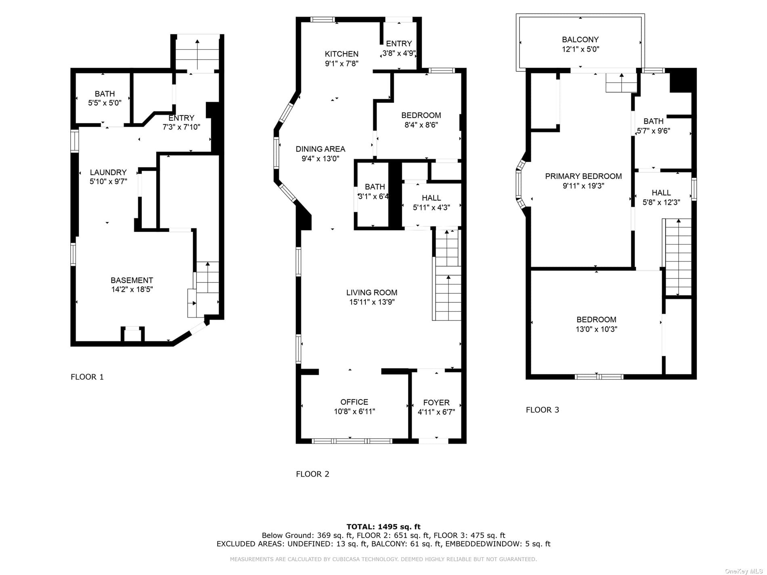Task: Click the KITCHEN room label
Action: click(342, 54)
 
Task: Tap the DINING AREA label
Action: click(321, 149)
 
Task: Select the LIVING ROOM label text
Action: click(372, 293)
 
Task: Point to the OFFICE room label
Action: click(354, 402)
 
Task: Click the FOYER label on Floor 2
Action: click(436, 402)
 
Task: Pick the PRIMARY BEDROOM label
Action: click(583, 176)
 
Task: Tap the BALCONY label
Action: click(580, 40)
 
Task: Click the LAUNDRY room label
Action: click(108, 172)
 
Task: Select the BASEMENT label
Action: click(132, 280)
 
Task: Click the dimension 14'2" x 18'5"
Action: click(132, 289)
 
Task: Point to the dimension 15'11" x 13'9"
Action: click(372, 302)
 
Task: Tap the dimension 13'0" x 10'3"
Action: click(596, 329)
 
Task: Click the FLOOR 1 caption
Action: click(87, 377)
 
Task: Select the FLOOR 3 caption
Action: click(543, 410)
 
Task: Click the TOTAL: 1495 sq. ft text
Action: click(383, 527)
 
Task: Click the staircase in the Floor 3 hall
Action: click(678, 257)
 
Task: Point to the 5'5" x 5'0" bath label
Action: click(105, 103)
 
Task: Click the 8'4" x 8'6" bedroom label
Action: click(421, 125)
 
